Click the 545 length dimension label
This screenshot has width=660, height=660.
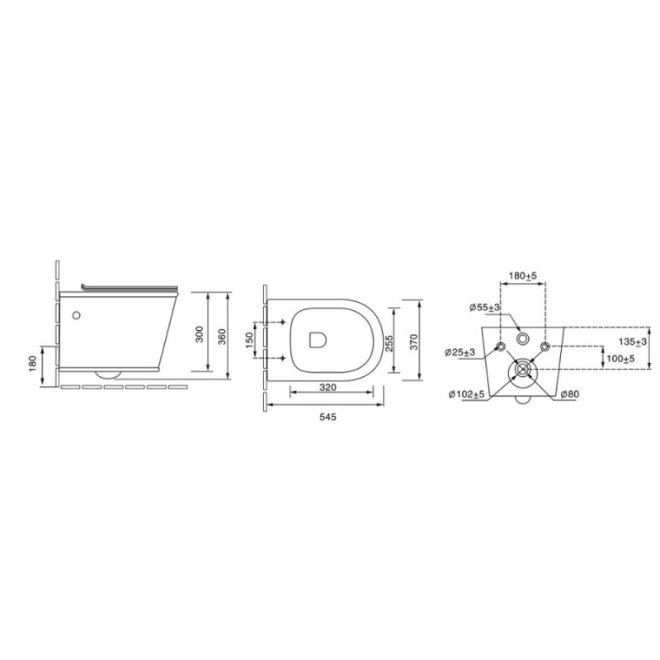328,417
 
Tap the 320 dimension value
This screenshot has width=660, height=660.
328,387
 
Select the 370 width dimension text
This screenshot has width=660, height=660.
414,342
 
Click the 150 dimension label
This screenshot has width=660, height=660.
250,340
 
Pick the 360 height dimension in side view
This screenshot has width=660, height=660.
222,337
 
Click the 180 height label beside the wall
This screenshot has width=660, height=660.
33,364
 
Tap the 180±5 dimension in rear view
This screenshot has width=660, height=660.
523,276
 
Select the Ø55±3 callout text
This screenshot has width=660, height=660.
485,308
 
